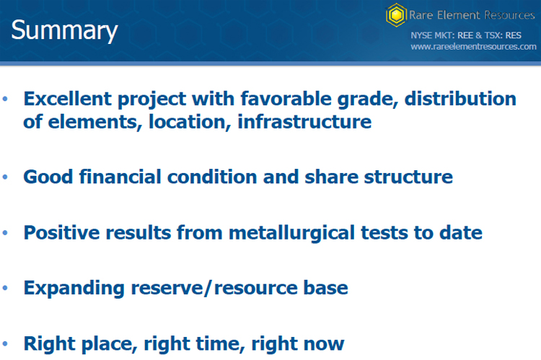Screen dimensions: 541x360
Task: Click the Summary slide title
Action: (64, 31)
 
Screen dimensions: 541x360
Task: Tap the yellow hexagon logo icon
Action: (396, 15)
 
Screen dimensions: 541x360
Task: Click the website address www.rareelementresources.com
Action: (473, 47)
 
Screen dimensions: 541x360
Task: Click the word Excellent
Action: (67, 99)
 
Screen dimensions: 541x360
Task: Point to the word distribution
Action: (460, 99)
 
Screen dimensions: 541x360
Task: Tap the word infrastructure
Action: (304, 122)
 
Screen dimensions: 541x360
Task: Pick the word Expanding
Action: (74, 289)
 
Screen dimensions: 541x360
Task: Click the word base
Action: (325, 288)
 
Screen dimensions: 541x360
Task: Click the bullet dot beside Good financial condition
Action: (5, 177)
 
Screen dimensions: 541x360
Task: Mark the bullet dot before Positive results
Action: (5, 233)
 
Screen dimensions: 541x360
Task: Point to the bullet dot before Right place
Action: (5, 344)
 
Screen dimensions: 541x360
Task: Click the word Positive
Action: (61, 232)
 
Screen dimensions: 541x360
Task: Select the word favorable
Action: (286, 99)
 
